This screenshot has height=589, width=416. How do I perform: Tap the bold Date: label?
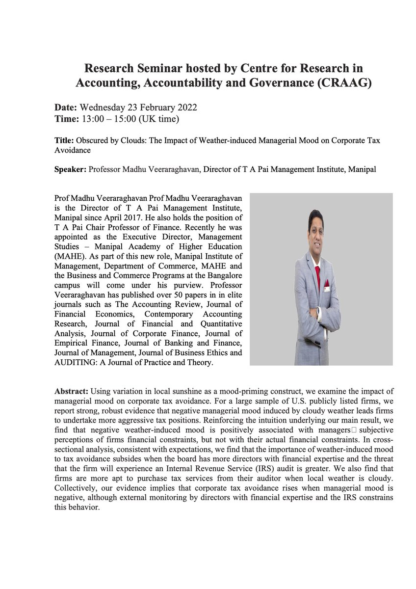click(x=66, y=107)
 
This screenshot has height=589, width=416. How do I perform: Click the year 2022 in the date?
click(x=187, y=107)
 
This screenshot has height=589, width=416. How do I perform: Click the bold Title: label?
click(x=65, y=141)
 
